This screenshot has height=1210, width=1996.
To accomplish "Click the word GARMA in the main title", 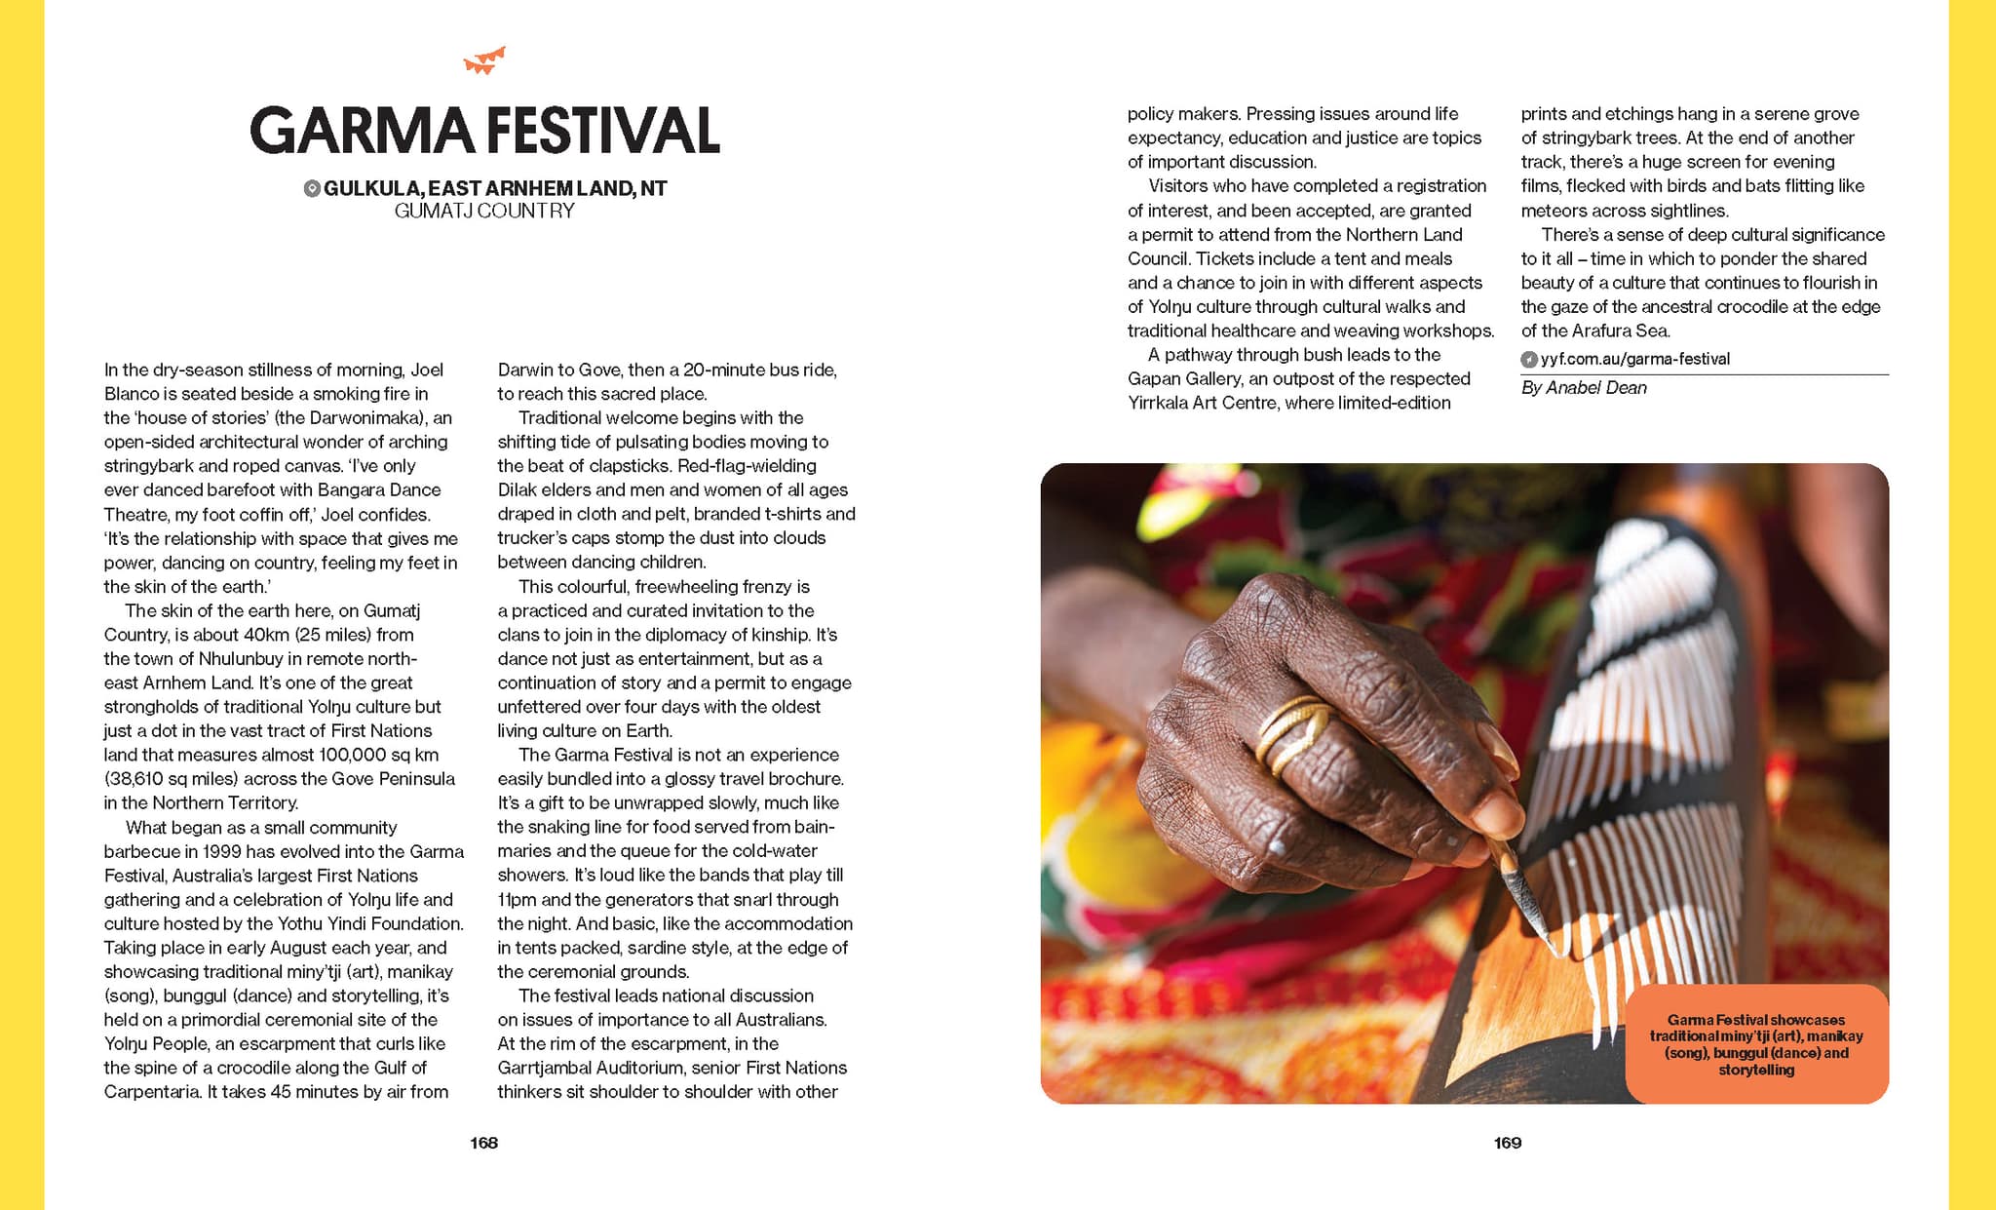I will click(362, 132).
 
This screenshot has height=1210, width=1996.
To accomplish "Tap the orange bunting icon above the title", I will click(484, 61).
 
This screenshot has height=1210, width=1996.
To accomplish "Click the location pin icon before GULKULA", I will click(312, 188).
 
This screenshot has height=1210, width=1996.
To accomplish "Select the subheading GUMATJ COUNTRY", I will click(484, 211).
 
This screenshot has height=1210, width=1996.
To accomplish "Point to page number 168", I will click(483, 1143).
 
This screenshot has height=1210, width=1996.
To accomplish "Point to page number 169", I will click(1507, 1143).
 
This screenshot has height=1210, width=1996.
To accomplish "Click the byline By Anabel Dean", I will click(1584, 388).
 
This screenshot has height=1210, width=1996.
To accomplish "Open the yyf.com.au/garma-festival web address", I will click(1634, 359).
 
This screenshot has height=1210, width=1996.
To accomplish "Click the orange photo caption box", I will click(1756, 1044).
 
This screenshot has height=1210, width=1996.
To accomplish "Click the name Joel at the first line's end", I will click(427, 370).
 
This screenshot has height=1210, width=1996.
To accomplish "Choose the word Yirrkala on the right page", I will click(1161, 403).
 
